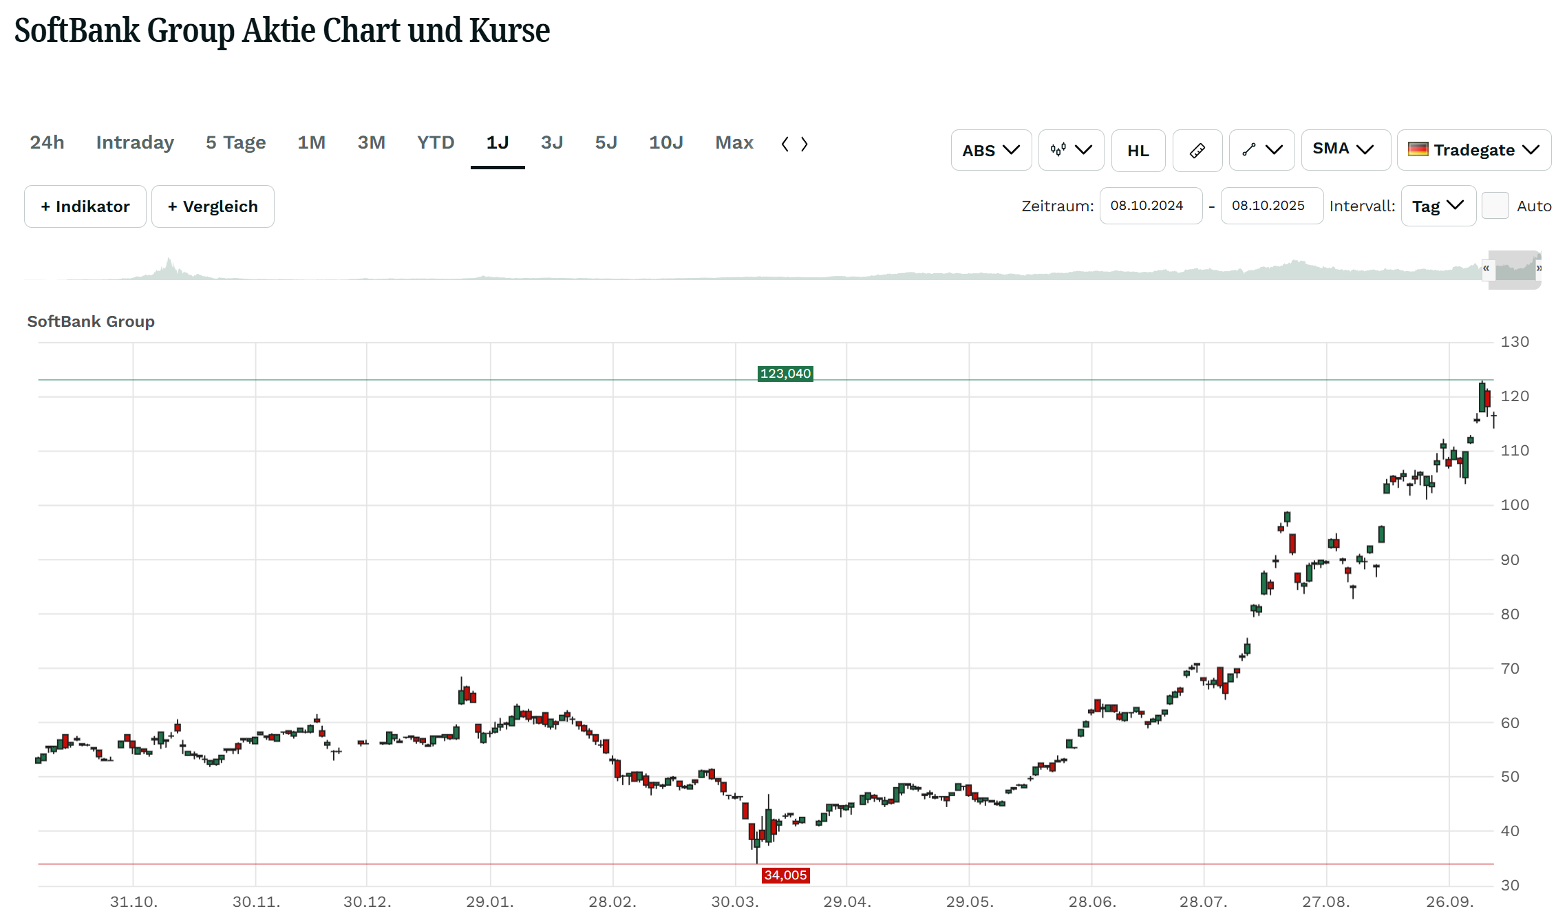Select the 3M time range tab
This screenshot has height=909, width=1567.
[x=371, y=142]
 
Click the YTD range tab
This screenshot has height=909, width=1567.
[x=436, y=142]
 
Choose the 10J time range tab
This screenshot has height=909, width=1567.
[x=665, y=142]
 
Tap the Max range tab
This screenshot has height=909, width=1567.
[x=734, y=142]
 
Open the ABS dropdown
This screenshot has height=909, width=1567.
[x=990, y=150]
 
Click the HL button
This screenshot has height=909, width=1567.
[x=1138, y=150]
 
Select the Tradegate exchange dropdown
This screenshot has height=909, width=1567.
[x=1473, y=150]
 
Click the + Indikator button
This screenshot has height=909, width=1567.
[x=85, y=206]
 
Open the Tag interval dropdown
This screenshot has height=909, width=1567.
[x=1438, y=206]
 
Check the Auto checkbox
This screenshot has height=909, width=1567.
[x=1495, y=206]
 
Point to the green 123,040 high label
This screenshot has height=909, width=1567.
[x=785, y=374]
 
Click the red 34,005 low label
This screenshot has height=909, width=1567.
[x=785, y=875]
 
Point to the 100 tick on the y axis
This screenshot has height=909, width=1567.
[x=1514, y=505]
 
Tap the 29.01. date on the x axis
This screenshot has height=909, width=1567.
[x=489, y=901]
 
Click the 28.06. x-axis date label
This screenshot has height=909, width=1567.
[x=1091, y=901]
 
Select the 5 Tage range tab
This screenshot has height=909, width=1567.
[x=235, y=142]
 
